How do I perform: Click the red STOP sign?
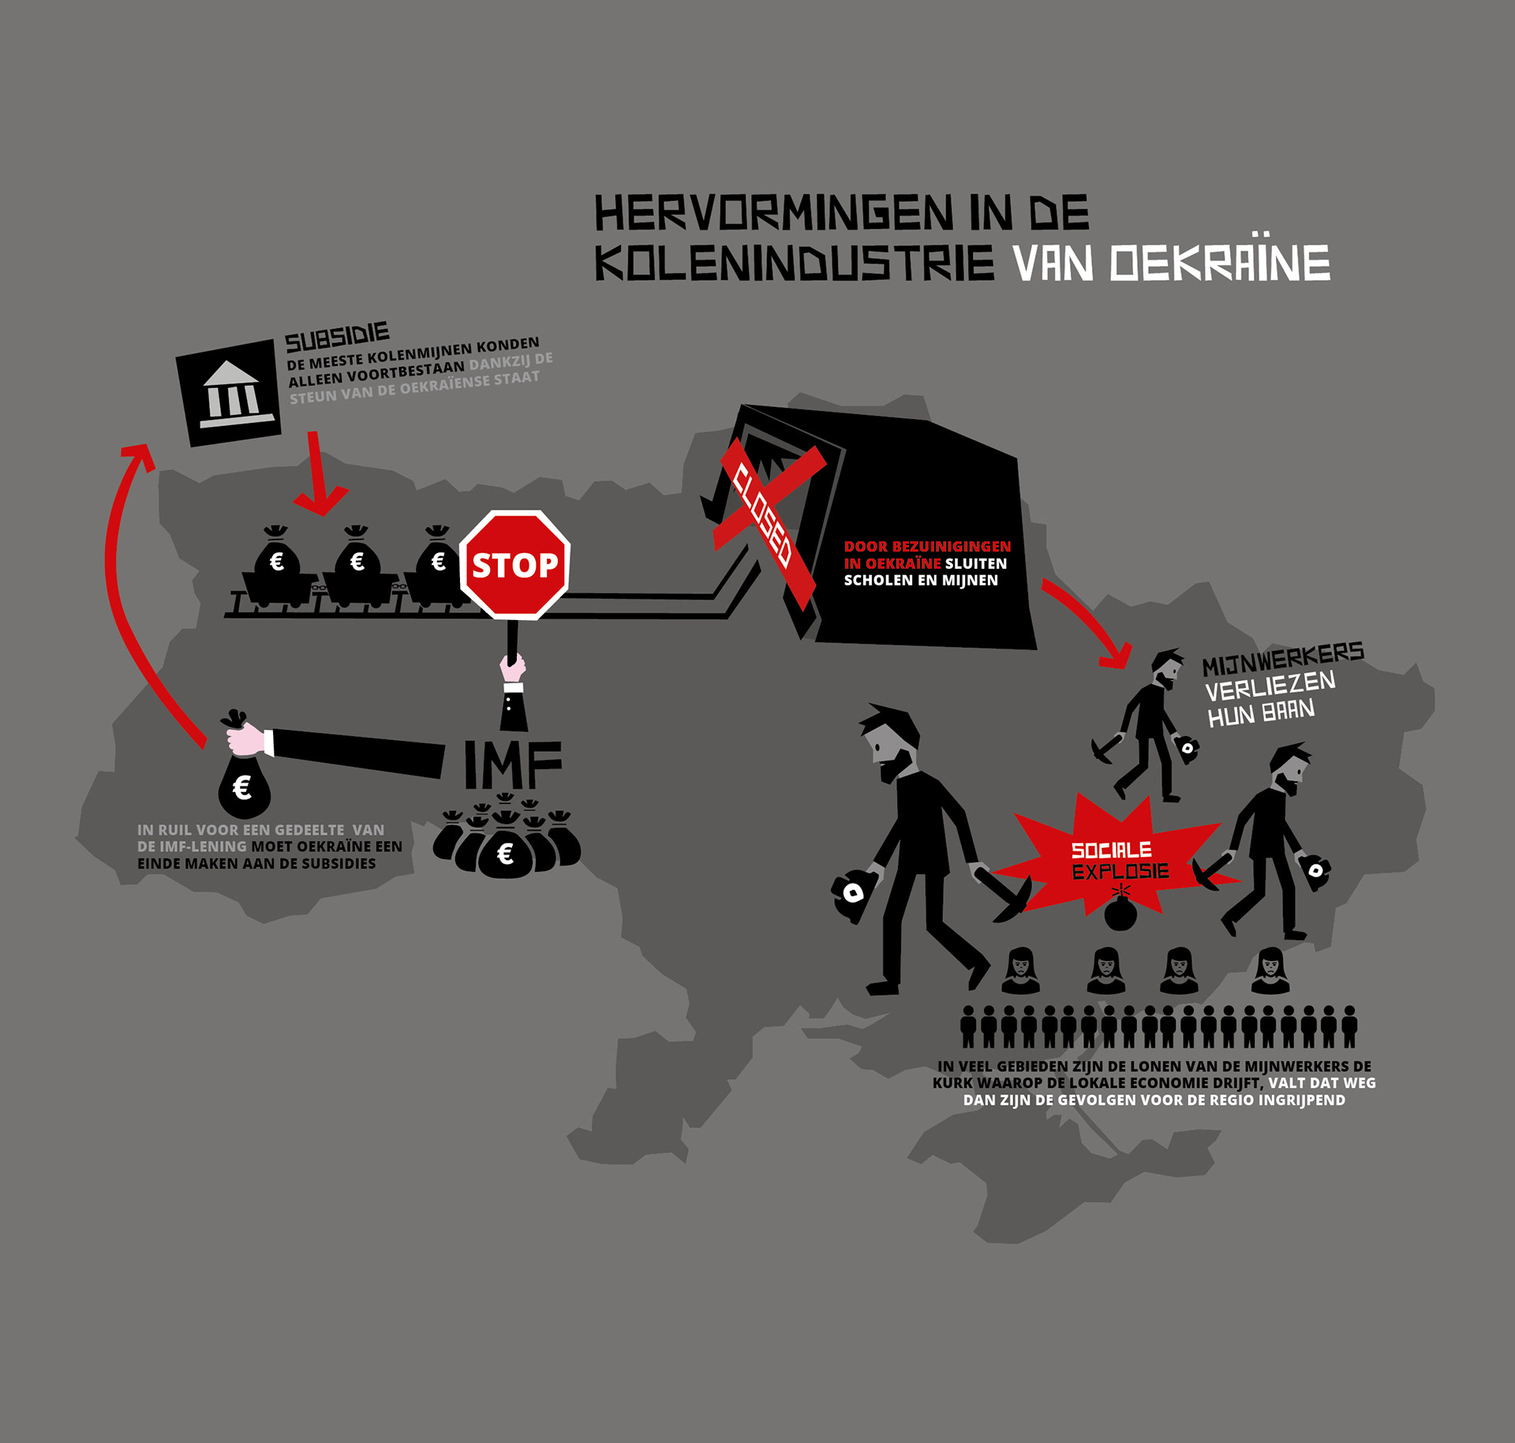pos(514,565)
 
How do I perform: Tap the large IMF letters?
pos(513,764)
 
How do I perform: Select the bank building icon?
pos(230,393)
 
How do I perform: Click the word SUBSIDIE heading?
pos(337,338)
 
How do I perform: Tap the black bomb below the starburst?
pos(1120,914)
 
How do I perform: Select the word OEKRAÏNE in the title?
pos(1220,264)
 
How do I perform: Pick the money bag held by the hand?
pos(245,789)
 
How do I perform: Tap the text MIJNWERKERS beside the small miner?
pos(1283,660)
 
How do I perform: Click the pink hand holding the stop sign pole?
pos(513,667)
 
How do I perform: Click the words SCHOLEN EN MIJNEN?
pos(921,581)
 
